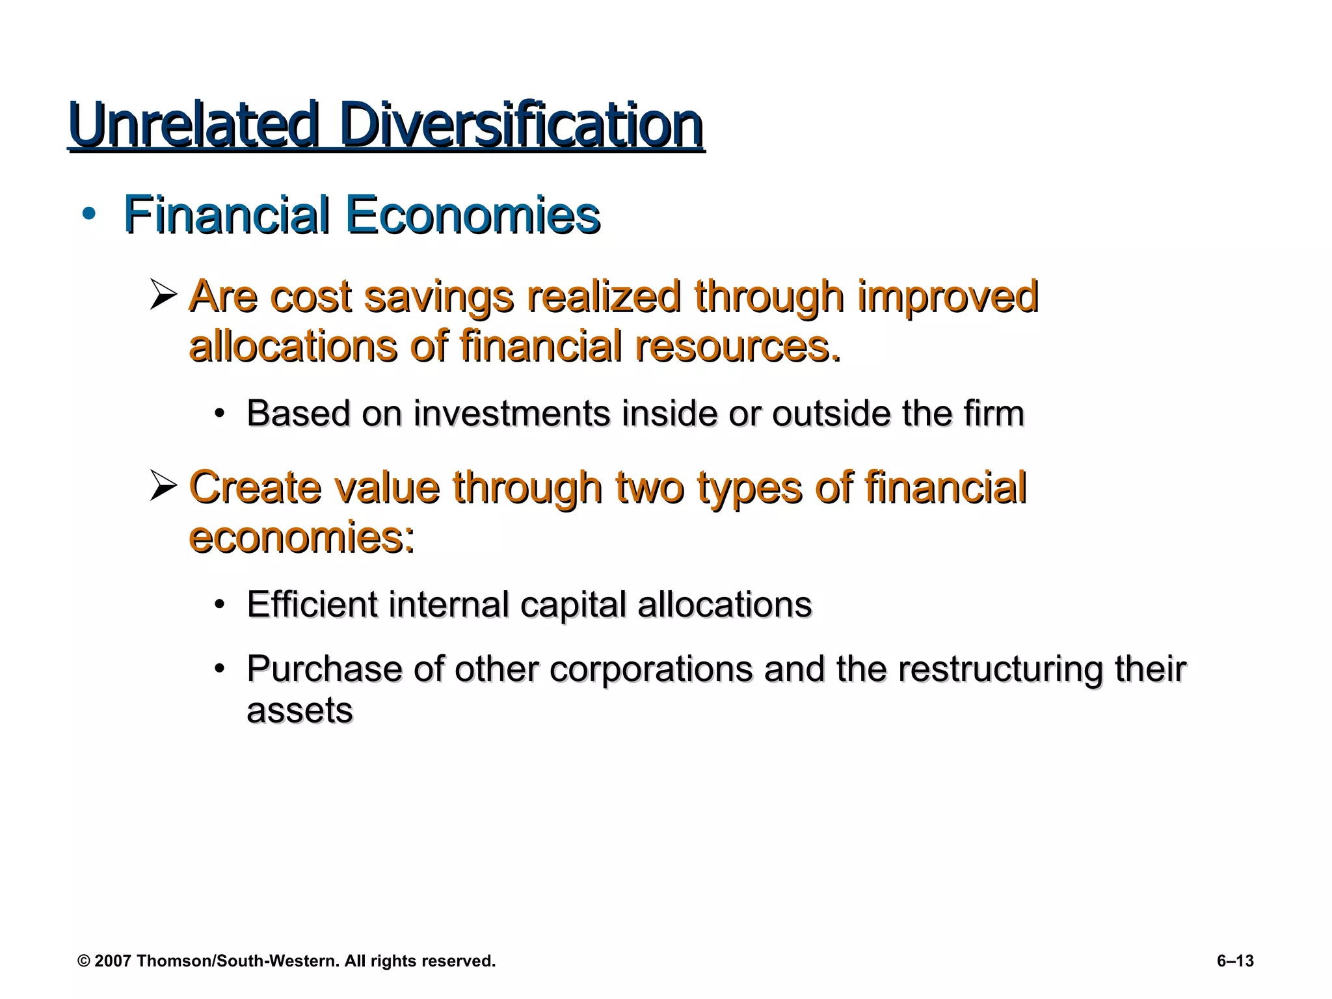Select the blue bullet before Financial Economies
89,214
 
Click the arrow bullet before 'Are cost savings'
163,294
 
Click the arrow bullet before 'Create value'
163,486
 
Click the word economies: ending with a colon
302,537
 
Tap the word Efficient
312,605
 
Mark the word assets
300,710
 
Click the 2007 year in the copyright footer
113,961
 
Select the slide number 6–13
1234,961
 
